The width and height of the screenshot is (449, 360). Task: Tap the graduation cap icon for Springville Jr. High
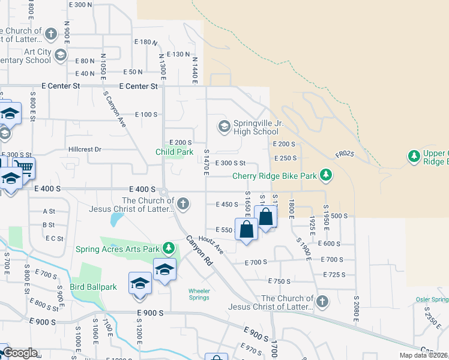click(224, 127)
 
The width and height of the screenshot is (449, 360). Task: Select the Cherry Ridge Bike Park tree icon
click(326, 176)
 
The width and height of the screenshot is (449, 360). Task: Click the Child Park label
click(175, 152)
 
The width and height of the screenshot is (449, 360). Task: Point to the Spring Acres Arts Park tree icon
click(169, 248)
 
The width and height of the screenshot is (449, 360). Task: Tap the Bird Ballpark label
click(92, 287)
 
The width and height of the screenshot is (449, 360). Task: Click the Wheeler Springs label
click(199, 294)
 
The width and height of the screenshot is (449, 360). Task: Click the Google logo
click(20, 353)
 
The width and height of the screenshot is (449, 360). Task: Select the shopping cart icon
click(23, 167)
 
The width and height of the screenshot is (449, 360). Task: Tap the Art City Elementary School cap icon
click(60, 56)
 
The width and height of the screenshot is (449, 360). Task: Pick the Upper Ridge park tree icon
click(414, 157)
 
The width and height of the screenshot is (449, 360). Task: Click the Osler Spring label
click(432, 299)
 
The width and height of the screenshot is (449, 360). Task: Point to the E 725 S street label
click(333, 275)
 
